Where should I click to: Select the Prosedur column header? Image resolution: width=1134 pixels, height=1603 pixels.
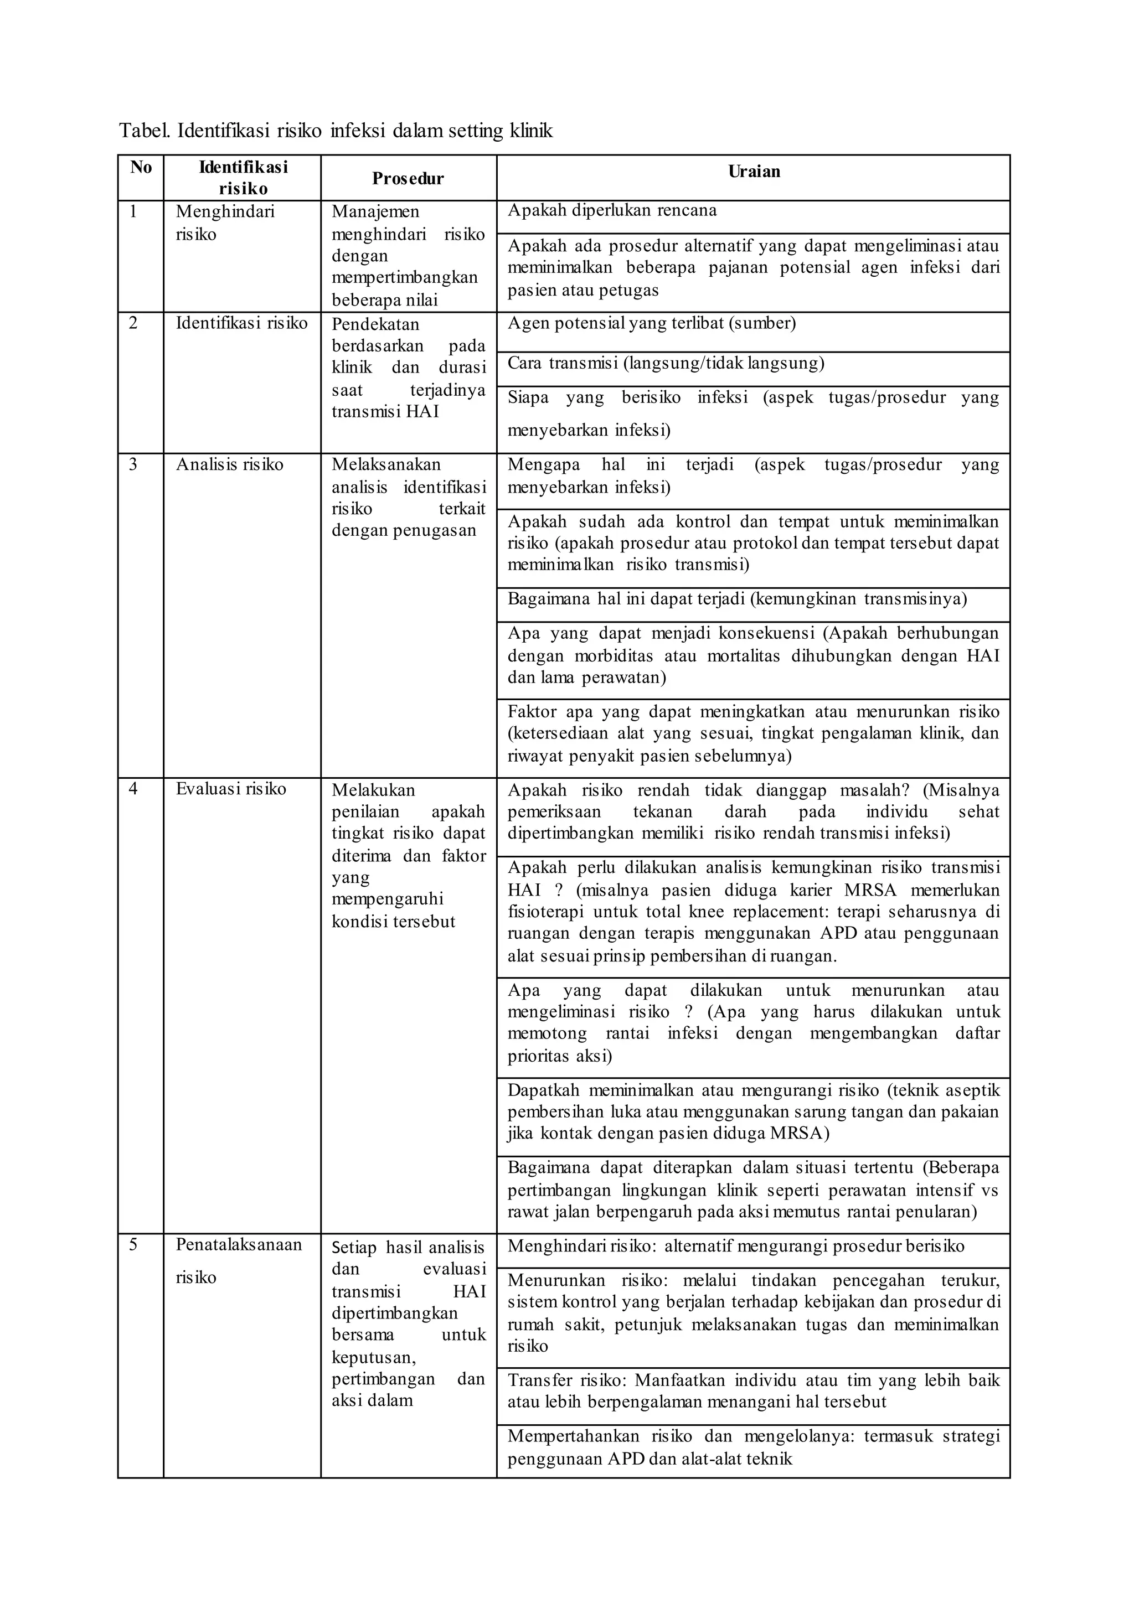408,179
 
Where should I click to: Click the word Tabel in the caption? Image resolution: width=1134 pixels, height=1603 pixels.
144,131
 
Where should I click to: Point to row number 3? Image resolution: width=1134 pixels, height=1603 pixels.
133,465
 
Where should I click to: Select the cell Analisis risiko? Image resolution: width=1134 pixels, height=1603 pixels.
229,465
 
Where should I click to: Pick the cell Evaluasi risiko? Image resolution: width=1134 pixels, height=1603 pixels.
230,789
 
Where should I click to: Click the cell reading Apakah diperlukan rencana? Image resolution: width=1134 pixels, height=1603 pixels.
612,211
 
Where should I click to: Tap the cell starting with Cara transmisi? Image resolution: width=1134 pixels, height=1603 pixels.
666,363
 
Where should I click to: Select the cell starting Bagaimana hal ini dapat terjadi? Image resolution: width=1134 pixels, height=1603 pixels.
736,599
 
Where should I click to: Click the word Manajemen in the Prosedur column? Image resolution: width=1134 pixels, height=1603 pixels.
375,211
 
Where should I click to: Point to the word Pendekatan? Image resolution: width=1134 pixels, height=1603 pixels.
375,324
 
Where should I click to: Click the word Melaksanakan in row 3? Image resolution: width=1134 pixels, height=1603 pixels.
385,465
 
